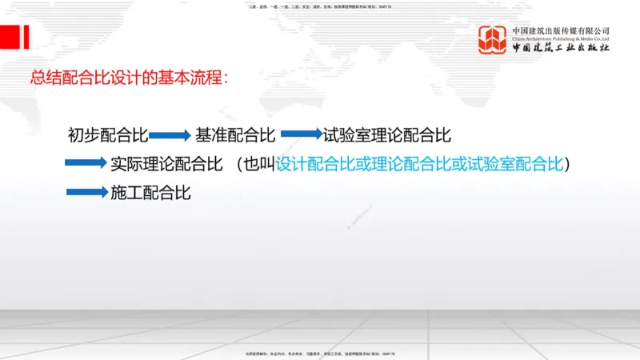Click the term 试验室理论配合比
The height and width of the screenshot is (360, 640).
[x=388, y=135]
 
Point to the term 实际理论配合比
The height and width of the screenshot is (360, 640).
[x=166, y=164]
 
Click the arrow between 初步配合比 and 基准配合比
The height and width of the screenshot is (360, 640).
[x=168, y=136]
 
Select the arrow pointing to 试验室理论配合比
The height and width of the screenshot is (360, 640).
[x=300, y=134]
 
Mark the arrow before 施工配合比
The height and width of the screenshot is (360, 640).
[x=86, y=192]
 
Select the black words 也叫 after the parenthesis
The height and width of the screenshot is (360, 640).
[x=259, y=164]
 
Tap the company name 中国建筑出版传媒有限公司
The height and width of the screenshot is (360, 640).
[x=561, y=30]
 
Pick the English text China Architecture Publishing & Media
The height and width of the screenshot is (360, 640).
[x=561, y=38]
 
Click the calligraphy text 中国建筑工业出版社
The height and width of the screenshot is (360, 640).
[x=561, y=48]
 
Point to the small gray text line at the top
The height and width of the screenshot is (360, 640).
[x=320, y=6]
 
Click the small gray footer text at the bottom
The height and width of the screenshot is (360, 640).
[x=320, y=353]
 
